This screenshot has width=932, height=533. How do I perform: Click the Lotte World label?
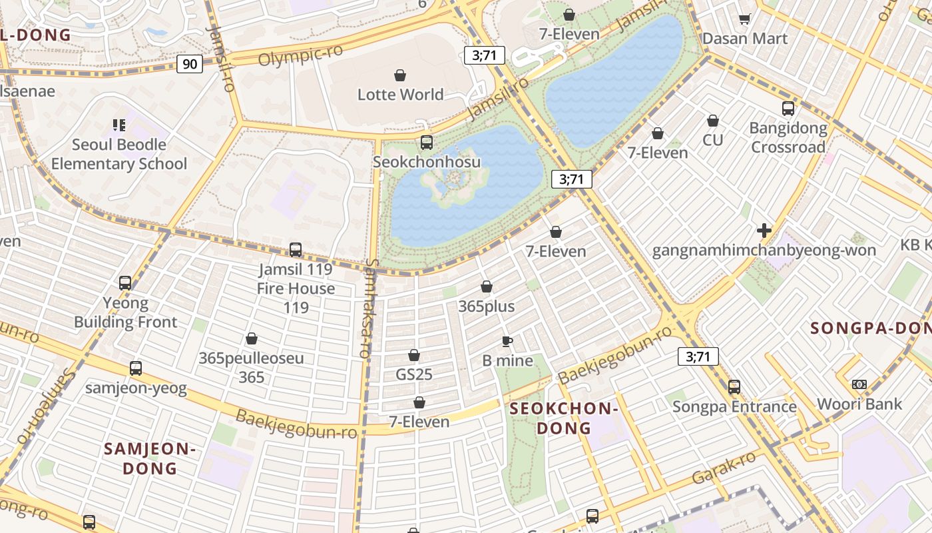(x=400, y=95)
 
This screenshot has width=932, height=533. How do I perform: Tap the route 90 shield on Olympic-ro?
(x=190, y=64)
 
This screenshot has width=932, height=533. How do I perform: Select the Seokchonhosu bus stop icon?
(x=427, y=143)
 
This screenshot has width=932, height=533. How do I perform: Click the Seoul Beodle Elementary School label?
(x=119, y=154)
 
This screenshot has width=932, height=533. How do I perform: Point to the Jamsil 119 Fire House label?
(x=296, y=279)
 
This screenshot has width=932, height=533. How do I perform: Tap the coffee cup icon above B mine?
(x=507, y=342)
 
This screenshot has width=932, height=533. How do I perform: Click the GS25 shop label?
(x=414, y=374)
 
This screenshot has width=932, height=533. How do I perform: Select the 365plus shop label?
(x=486, y=306)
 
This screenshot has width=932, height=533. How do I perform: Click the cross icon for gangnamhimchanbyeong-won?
(x=764, y=231)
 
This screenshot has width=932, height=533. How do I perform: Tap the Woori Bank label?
(x=859, y=404)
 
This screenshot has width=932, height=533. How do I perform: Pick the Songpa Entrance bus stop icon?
(x=734, y=387)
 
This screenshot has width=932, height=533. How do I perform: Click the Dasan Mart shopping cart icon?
(x=745, y=19)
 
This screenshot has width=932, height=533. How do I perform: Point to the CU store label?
(x=712, y=140)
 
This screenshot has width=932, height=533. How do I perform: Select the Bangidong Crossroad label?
(x=788, y=137)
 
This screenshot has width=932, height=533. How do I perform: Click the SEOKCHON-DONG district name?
(x=564, y=418)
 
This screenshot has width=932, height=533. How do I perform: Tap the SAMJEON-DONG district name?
(x=150, y=458)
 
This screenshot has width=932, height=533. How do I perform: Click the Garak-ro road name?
(x=724, y=468)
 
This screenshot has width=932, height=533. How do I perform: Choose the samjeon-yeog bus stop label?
(x=136, y=388)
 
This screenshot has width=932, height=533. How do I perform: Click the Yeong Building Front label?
(x=125, y=312)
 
